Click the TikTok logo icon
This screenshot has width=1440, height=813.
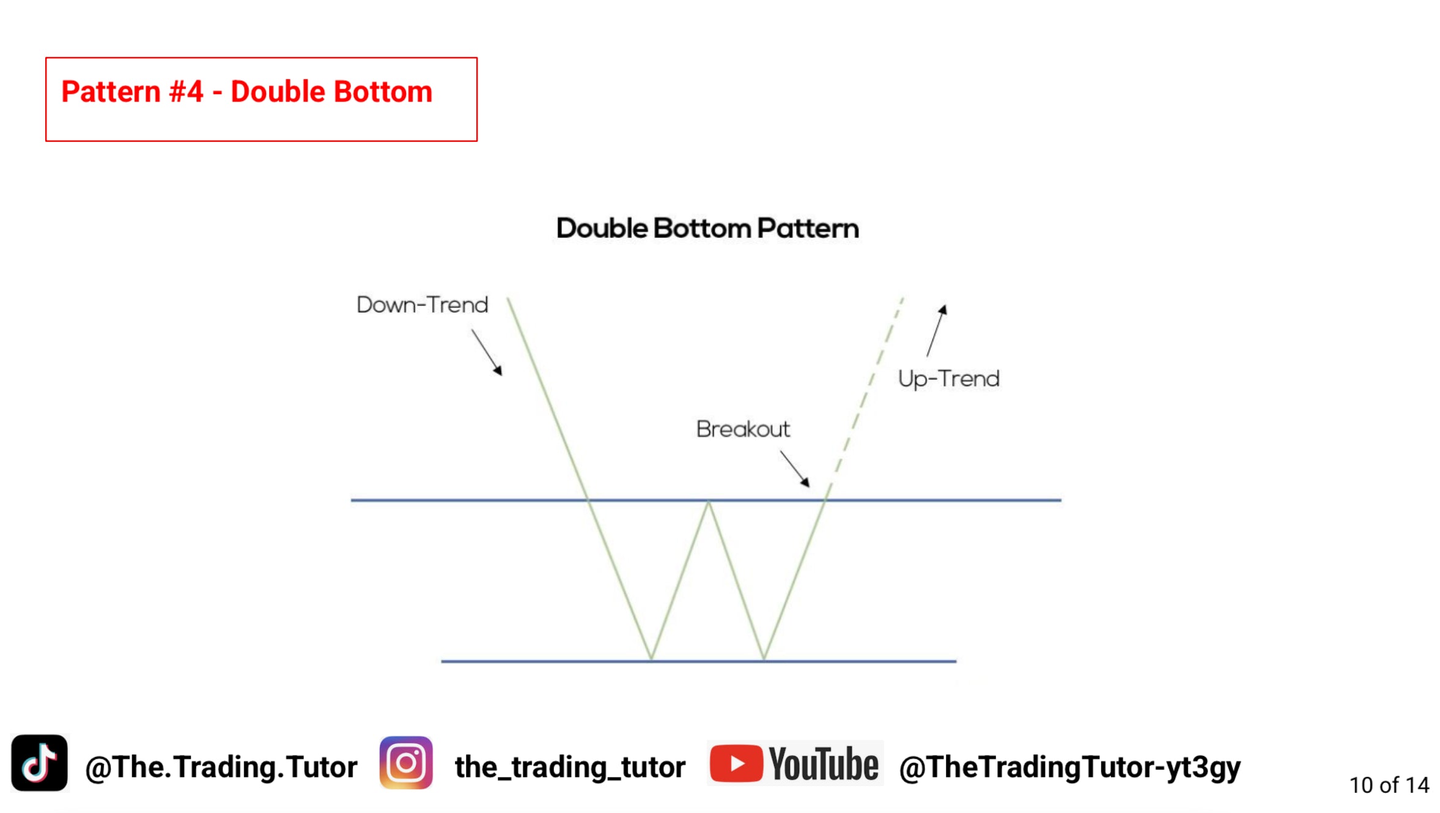(x=39, y=763)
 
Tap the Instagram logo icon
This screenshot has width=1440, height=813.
(x=406, y=763)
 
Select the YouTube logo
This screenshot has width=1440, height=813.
(x=794, y=763)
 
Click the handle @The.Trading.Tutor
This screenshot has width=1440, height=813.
(x=221, y=767)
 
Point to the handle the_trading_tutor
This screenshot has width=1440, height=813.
(x=570, y=767)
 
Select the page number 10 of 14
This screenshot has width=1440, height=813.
(x=1389, y=785)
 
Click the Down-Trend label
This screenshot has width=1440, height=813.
(x=423, y=305)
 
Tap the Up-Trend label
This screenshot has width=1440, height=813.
(x=949, y=379)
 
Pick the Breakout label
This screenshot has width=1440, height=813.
(x=743, y=429)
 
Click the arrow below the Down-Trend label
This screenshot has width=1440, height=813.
(x=487, y=352)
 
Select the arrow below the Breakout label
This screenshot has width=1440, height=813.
(x=795, y=469)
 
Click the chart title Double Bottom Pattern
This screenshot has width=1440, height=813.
(x=707, y=228)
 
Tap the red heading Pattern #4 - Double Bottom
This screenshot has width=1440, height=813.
(x=247, y=92)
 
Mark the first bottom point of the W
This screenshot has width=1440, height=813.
(x=652, y=659)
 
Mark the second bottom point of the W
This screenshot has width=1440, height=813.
(x=764, y=659)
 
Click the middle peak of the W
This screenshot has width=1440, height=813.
(x=709, y=502)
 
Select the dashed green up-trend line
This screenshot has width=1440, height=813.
(x=865, y=398)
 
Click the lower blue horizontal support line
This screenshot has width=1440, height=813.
(x=698, y=661)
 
